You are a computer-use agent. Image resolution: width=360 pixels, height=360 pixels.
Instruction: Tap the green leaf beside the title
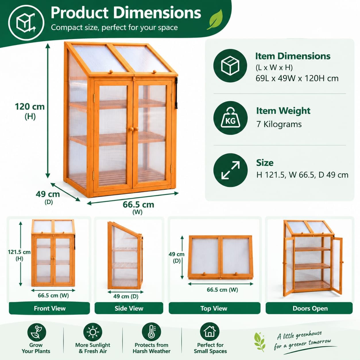click(x=215, y=20)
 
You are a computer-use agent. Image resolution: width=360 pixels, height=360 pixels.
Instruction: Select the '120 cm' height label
click(x=30, y=107)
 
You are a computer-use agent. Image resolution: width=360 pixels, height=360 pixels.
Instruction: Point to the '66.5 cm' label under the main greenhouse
click(x=138, y=205)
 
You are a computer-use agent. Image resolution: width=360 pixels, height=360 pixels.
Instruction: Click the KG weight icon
click(x=230, y=118)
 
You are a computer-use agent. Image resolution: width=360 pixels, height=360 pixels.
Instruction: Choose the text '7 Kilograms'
click(x=279, y=124)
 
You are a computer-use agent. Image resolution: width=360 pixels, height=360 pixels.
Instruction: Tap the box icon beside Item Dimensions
click(x=230, y=65)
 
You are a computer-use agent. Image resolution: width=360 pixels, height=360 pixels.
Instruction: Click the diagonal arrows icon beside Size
click(x=230, y=170)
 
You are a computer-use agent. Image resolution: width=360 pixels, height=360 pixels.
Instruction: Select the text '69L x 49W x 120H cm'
click(x=297, y=78)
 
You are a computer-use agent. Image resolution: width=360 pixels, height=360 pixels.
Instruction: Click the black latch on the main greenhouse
click(x=176, y=93)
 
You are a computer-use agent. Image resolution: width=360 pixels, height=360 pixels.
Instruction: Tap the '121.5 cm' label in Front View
click(x=19, y=252)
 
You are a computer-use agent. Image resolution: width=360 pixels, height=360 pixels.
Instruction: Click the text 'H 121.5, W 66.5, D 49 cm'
click(x=302, y=175)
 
